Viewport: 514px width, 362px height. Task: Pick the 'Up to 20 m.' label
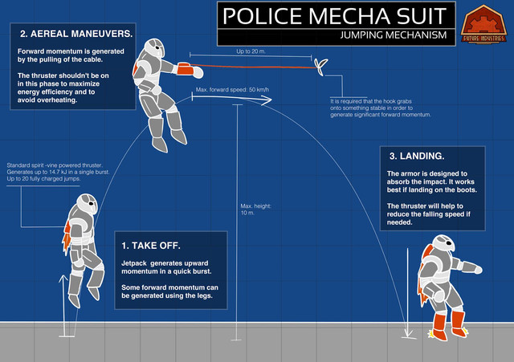point(252,51)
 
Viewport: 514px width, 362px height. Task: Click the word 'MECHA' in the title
point(349,16)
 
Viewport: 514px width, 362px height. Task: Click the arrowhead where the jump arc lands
point(407,331)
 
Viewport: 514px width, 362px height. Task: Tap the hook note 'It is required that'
point(381,109)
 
